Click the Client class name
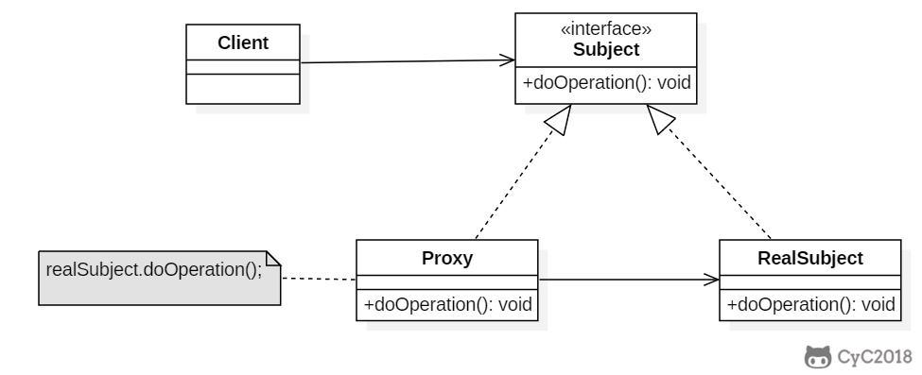[243, 43]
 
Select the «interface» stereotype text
[606, 28]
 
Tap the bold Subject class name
[606, 49]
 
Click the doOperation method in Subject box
[606, 83]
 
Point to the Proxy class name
[447, 258]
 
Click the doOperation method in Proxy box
[447, 304]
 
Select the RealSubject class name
[810, 258]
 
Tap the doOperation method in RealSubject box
[810, 304]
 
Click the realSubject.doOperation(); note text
[154, 270]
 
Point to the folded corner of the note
[273, 258]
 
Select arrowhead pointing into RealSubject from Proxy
[711, 280]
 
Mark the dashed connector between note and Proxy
[318, 279]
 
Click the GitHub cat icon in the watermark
[818, 357]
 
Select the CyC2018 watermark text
[875, 357]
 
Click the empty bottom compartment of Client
[243, 89]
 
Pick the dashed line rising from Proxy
[514, 187]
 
